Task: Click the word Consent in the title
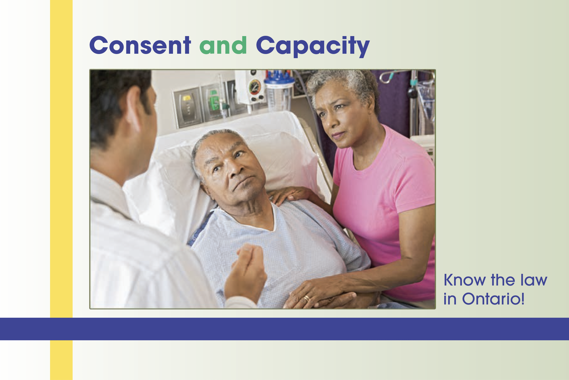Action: coord(140,45)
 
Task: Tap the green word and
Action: coord(223,45)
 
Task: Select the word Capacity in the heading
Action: coord(313,46)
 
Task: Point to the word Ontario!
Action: coord(493,299)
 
